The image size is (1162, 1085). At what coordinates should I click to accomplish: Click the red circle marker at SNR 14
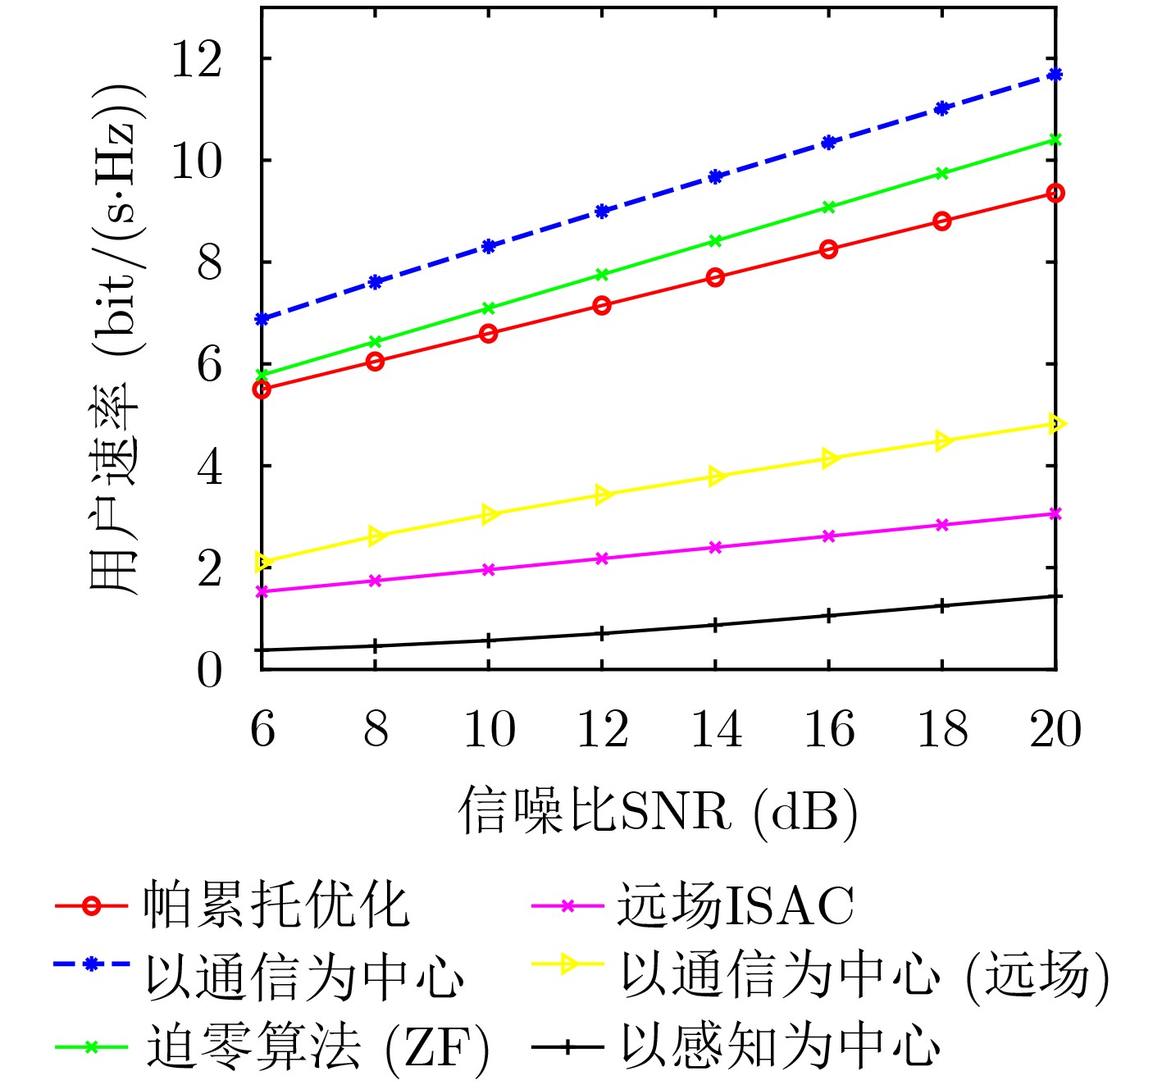pyautogui.click(x=715, y=277)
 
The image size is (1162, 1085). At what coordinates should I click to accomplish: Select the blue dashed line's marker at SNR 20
pyautogui.click(x=1055, y=75)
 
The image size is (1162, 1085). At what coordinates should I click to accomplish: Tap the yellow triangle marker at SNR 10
pyautogui.click(x=490, y=514)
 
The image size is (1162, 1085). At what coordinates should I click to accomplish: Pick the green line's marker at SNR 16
pyautogui.click(x=829, y=207)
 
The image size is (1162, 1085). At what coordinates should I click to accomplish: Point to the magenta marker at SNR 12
pyautogui.click(x=602, y=558)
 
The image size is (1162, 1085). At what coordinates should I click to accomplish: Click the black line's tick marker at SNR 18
pyautogui.click(x=942, y=606)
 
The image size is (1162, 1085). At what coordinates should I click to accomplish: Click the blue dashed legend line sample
pyautogui.click(x=91, y=964)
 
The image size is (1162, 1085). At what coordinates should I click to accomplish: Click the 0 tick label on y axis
pyautogui.click(x=210, y=670)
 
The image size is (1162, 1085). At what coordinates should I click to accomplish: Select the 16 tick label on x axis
pyautogui.click(x=829, y=729)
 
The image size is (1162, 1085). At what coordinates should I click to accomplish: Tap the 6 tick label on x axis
pyautogui.click(x=262, y=729)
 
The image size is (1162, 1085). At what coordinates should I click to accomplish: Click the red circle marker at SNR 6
pyautogui.click(x=262, y=390)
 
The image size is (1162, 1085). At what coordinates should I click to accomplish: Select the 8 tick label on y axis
pyautogui.click(x=210, y=262)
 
